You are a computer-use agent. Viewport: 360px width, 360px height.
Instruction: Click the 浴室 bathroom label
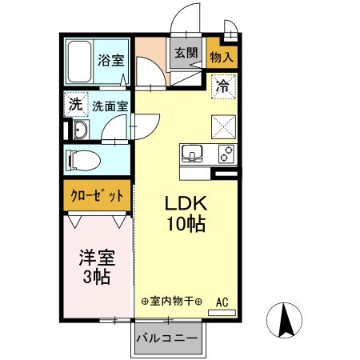coord(110,60)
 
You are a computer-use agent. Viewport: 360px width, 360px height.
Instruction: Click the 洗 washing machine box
coord(74,104)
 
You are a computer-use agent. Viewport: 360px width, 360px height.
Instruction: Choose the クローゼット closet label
coord(97,195)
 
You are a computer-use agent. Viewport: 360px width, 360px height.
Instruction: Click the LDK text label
coord(186,202)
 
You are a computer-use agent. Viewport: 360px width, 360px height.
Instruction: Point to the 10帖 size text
coord(186,223)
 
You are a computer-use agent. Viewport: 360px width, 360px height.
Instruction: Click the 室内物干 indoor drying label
coord(171,302)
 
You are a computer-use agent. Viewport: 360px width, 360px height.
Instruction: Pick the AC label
coord(223,302)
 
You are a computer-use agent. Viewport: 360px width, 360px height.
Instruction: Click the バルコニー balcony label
coord(166,339)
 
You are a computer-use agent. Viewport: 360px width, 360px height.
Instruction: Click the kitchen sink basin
coord(194,154)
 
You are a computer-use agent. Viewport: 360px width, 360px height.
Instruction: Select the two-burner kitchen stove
coord(223,154)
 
